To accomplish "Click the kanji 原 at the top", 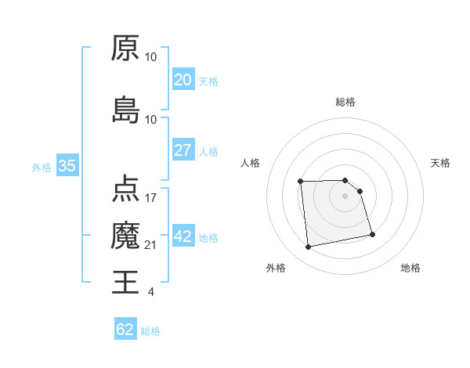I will (x=125, y=49).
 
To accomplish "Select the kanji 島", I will (x=125, y=110).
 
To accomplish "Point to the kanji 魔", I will (x=125, y=236).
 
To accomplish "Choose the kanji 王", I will (x=125, y=281).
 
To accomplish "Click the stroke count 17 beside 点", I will (x=151, y=197).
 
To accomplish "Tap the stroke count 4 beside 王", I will (x=151, y=292).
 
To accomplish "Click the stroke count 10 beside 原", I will (x=151, y=57).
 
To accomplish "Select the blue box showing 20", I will (x=183, y=80).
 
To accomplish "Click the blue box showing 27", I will (x=183, y=150).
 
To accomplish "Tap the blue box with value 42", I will (x=183, y=236).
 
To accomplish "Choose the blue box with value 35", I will (x=67, y=166).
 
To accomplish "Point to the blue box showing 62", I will (x=125, y=330).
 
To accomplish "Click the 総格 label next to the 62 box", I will (x=150, y=331).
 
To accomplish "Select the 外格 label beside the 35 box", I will (x=42, y=167).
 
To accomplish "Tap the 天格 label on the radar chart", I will (x=441, y=163).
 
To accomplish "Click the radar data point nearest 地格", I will (x=372, y=234).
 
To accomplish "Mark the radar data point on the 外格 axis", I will (x=309, y=247).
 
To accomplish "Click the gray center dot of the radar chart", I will (x=345, y=196).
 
